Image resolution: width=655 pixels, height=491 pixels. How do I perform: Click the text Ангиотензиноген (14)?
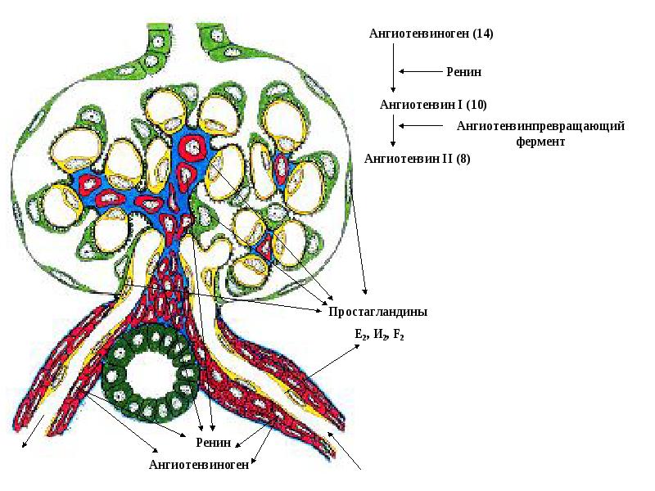(431, 34)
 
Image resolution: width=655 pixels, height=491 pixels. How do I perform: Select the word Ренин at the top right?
(463, 72)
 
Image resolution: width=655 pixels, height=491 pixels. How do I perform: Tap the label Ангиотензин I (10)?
(433, 105)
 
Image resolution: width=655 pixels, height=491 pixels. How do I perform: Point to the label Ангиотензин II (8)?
(417, 159)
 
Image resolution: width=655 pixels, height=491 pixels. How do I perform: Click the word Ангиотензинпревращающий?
(540, 126)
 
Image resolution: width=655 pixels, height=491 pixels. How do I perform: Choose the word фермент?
(541, 141)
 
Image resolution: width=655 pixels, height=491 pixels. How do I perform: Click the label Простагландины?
(377, 312)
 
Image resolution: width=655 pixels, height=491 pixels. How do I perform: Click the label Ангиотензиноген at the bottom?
(198, 465)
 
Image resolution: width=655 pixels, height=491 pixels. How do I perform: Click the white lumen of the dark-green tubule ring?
(151, 373)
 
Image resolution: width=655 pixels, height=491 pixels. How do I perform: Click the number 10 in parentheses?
(478, 105)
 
